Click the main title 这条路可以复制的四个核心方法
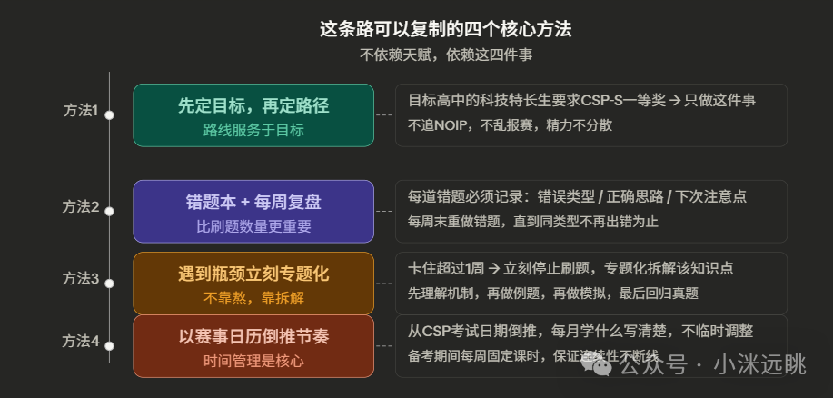pos(445,29)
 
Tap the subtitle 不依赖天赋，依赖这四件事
pos(445,55)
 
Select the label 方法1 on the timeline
pos(81,111)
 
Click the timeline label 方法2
pos(81,206)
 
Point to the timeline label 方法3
pos(81,278)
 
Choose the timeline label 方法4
pos(81,342)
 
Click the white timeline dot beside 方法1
pos(109,114)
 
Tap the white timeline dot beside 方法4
pos(109,346)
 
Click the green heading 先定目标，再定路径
pos(253,105)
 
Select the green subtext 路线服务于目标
pos(253,130)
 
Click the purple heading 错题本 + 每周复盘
pos(253,202)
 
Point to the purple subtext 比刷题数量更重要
pos(253,226)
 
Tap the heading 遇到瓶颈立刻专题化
pos(253,274)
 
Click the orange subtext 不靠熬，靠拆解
pos(253,297)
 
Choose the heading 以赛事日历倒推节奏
pos(253,336)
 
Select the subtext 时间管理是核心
pos(253,361)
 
